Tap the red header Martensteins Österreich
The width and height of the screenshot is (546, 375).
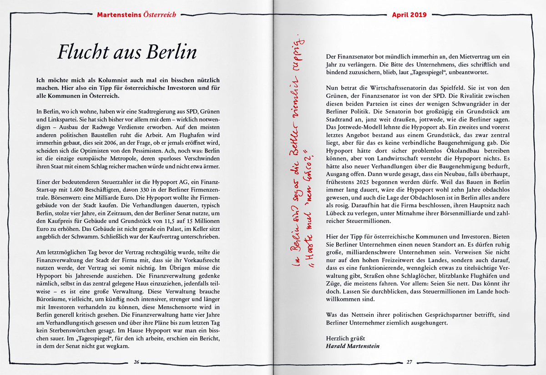[x=136, y=15]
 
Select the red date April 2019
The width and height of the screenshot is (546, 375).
[x=409, y=15]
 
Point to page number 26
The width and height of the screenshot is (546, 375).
[x=136, y=362]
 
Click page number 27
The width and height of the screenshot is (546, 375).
[x=409, y=362]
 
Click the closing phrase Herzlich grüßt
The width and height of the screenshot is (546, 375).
[x=346, y=338]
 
